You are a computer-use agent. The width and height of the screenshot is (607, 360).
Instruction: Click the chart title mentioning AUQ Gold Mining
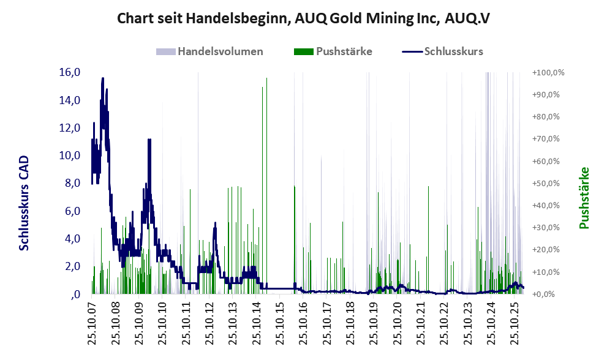[x=303, y=18]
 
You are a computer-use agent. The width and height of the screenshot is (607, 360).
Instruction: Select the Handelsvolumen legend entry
[x=221, y=51]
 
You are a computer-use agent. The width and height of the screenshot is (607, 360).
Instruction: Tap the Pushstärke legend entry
[x=344, y=51]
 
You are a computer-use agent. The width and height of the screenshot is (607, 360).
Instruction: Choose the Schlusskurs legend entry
[x=453, y=51]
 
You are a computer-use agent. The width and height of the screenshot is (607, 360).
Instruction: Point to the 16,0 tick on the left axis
[x=70, y=72]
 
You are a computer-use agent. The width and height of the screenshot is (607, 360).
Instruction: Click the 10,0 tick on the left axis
[x=70, y=156]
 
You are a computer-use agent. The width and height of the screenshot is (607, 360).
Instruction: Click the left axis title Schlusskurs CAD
[x=25, y=202]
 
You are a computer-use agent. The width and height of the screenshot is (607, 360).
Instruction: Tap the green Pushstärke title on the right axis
[x=583, y=198]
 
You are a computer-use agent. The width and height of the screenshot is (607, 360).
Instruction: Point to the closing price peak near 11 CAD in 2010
[x=149, y=140]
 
